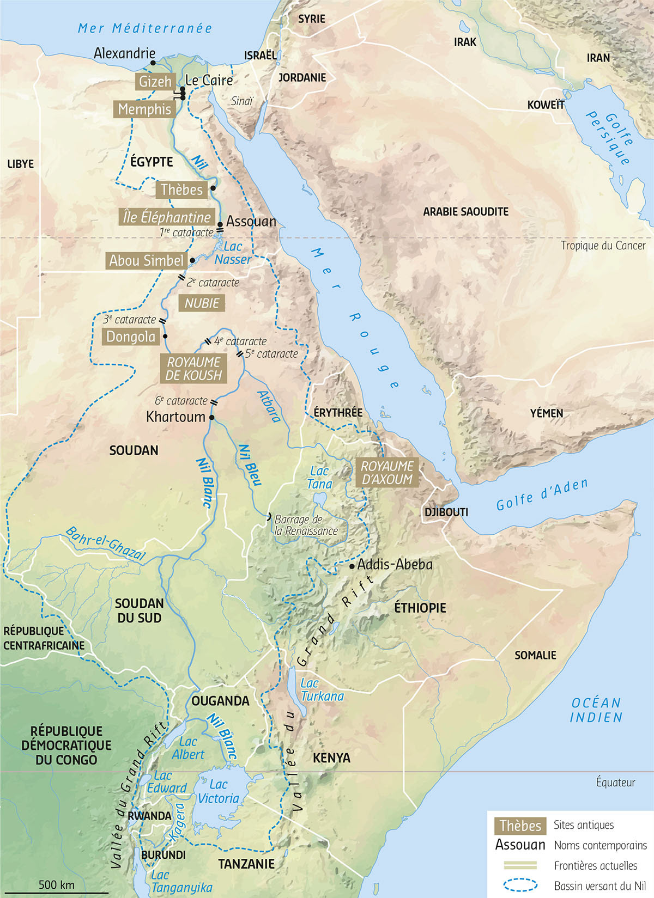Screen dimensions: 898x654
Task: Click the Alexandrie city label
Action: point(124,53)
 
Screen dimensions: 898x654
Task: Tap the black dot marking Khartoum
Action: point(211,418)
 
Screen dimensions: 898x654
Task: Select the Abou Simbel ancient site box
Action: point(146,261)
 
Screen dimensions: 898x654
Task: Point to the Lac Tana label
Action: point(319,478)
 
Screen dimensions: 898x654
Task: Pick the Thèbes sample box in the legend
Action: point(520,826)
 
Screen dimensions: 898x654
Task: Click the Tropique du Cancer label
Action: point(603,246)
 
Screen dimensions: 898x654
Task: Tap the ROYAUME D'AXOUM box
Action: point(387,473)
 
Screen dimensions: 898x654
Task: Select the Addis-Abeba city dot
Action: point(352,567)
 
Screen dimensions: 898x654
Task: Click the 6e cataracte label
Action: point(181,401)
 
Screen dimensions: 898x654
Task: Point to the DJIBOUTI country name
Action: point(446,512)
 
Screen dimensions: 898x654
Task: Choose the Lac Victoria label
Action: point(219,791)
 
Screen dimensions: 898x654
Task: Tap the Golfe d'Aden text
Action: point(542,494)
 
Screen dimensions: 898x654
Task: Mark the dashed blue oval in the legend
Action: point(520,885)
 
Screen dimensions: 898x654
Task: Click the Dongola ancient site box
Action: point(131,337)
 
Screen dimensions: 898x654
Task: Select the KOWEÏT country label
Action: point(546,105)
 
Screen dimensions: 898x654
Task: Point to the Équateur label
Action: point(615,783)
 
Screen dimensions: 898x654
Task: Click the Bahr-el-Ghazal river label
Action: point(106,543)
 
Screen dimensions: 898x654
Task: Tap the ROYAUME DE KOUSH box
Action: point(193,369)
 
